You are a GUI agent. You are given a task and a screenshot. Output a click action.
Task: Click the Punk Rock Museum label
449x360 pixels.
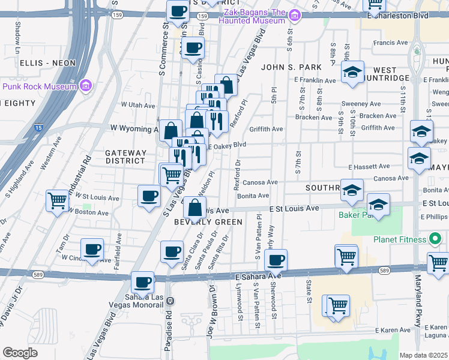click(39, 86)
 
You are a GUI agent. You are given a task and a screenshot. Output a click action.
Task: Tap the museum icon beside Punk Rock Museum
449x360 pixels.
click(85, 86)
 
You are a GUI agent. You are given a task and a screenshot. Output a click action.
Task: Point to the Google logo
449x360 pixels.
click(20, 353)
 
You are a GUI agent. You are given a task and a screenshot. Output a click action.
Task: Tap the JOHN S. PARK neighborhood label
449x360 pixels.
click(285, 67)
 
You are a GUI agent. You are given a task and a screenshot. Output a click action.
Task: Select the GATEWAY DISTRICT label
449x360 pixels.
click(125, 157)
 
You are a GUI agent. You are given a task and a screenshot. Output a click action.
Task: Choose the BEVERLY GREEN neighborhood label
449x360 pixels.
click(208, 222)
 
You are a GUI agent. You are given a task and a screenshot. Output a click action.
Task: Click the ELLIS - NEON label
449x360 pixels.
click(47, 63)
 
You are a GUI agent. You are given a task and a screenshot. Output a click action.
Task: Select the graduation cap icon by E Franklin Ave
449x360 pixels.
click(352, 73)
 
